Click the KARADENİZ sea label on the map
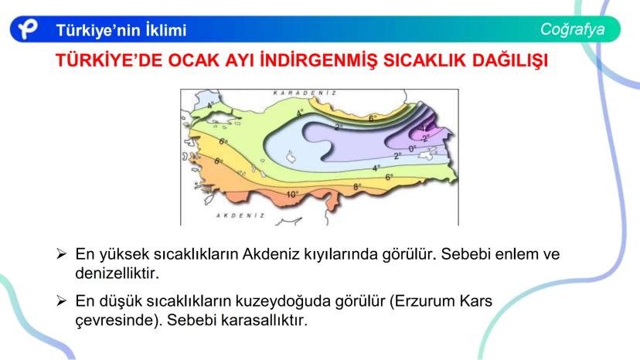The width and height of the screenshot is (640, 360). pos(305,93)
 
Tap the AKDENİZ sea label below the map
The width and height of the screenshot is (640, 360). pos(240,216)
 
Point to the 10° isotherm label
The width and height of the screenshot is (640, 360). pos(292,195)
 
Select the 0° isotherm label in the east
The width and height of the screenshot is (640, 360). pos(412,149)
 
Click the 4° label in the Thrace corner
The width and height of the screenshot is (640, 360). pos(210,105)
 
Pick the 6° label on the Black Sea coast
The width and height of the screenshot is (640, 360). pos(373,119)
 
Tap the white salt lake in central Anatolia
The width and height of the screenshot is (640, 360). pos(291,157)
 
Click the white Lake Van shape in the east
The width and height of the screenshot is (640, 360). pos(428,155)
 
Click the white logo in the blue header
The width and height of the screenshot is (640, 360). pos(27,29)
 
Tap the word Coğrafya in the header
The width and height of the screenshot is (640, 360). pos(572,29)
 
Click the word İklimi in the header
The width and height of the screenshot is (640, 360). pos(166,30)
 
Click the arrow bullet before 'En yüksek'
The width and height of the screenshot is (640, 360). pos(61,254)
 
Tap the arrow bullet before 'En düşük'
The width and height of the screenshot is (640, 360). pos(61,301)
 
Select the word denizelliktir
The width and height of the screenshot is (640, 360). pos(117,273)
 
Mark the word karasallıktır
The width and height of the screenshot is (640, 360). pos(264,320)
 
